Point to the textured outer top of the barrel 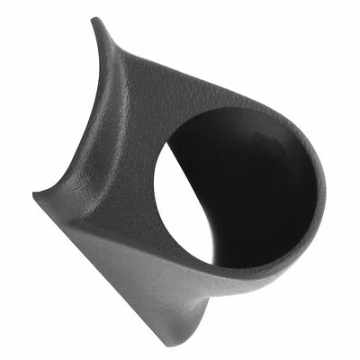coord(207,85)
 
